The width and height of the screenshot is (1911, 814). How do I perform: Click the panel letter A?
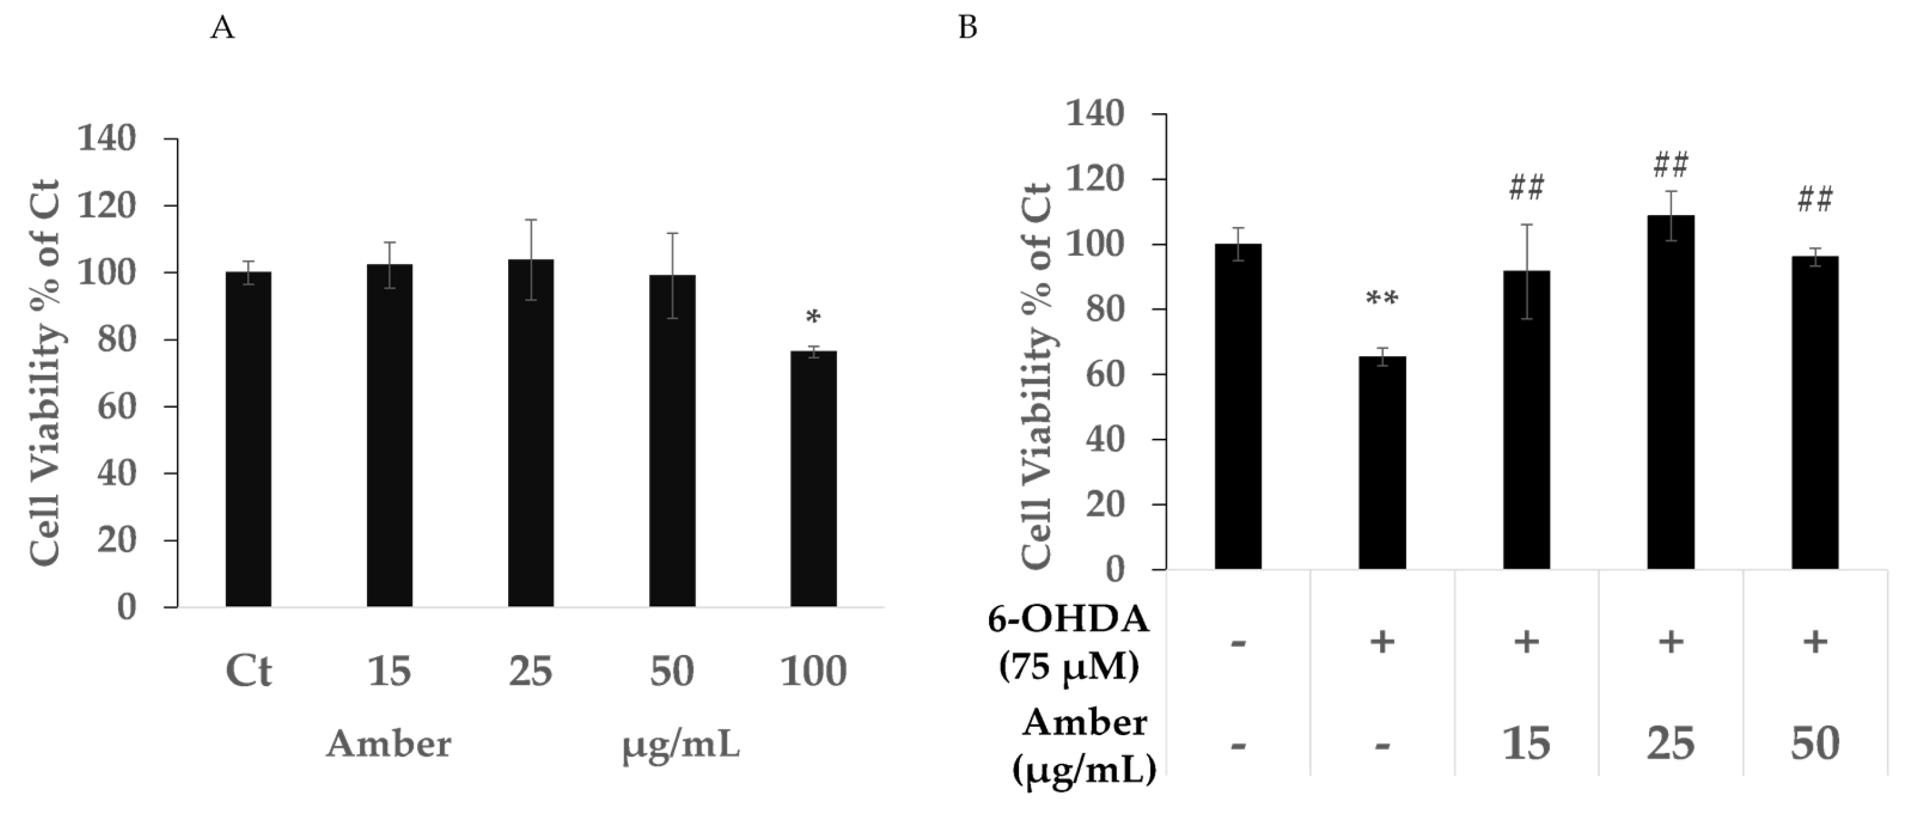pos(223,28)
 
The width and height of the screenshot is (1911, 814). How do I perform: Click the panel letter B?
pos(968,27)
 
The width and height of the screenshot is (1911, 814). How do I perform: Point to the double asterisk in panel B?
pos(1381,300)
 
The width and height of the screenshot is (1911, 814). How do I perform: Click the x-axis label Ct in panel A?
pos(249,672)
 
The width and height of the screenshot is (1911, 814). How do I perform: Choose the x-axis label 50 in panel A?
pos(672,672)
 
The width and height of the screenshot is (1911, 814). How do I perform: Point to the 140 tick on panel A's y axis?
pos(107,139)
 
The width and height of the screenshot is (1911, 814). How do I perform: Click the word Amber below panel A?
pos(389,743)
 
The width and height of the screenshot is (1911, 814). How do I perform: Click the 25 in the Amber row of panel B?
pos(1671,743)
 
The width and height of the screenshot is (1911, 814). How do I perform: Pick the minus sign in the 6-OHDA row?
pos(1238,642)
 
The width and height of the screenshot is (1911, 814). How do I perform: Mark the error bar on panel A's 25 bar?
pos(531,259)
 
